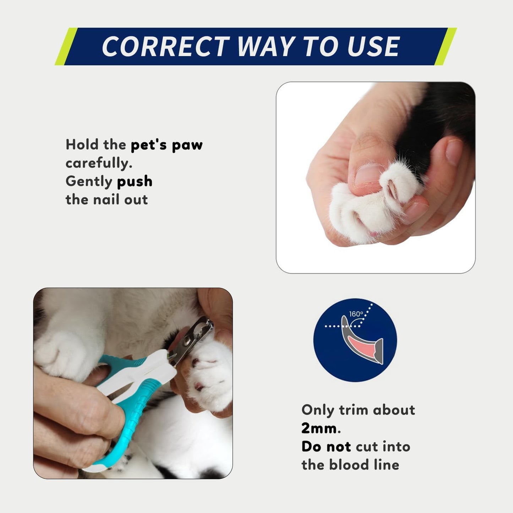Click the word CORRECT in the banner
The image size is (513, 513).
[165, 47]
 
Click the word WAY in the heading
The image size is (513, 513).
[266, 47]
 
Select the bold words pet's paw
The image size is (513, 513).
[167, 145]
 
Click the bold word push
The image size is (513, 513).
[135, 181]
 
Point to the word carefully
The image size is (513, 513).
[99, 163]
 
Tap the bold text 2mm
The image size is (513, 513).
[319, 428]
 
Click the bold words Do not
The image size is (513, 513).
[326, 446]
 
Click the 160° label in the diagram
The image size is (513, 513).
[356, 314]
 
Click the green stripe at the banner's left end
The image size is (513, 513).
[66, 47]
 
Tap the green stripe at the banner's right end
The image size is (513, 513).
[445, 47]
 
